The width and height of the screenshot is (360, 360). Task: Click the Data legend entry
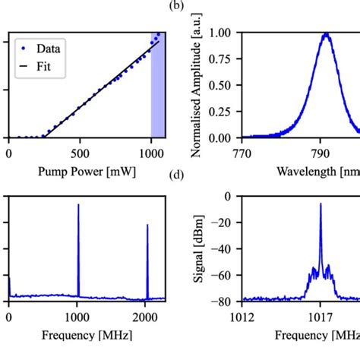point(43,49)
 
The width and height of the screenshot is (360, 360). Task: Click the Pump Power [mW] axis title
point(84,171)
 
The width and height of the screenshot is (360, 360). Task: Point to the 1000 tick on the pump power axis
point(151,152)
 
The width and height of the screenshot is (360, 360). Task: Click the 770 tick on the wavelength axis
point(242,152)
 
